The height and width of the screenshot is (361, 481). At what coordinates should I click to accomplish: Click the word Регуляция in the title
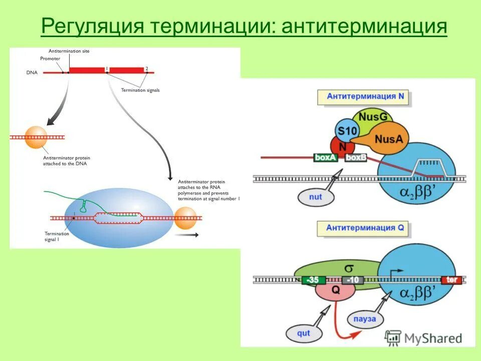tap(91, 26)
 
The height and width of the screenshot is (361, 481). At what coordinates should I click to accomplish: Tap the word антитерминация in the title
tap(364, 26)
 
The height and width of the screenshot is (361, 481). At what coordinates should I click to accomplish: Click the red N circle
tap(343, 147)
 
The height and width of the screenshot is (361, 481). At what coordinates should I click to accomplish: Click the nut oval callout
tap(315, 197)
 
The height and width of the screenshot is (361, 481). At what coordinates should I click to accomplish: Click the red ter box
tap(451, 280)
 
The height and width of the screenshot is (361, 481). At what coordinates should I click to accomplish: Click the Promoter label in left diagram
tap(50, 59)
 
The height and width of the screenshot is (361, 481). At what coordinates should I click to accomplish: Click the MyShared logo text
tap(431, 338)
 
